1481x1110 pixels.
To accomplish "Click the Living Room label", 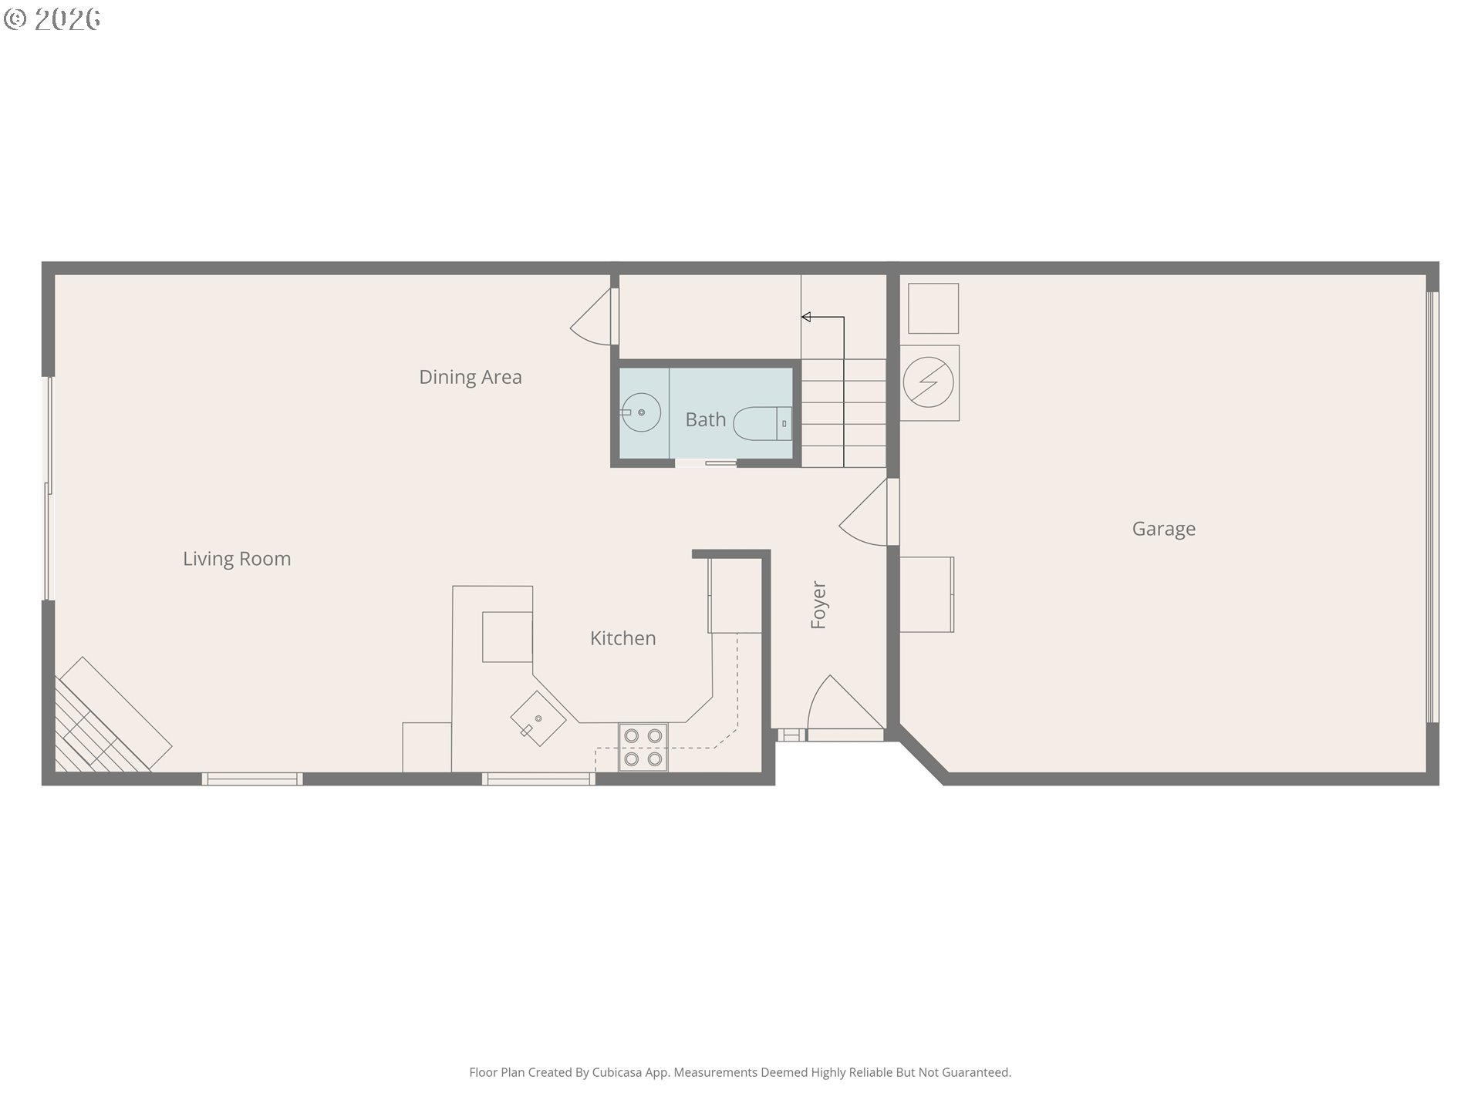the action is pos(237,559).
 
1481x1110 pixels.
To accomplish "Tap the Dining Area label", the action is pos(471,377).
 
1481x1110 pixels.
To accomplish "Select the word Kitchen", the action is pos(623,638).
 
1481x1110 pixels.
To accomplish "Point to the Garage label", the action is pos(1164,529).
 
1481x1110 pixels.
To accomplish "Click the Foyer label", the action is pos(818,605).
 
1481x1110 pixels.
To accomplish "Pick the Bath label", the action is pos(706,419).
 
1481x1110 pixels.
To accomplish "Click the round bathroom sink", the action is pos(641,412).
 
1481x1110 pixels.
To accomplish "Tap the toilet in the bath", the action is pos(762,423).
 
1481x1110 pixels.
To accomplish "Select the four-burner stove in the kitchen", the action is pos(643,748).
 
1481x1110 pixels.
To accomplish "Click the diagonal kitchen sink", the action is pos(538,718).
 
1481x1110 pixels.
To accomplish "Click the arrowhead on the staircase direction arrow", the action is pos(805,317).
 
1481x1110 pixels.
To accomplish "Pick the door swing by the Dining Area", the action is pos(595,316).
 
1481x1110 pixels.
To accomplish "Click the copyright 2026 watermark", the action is pos(52,19).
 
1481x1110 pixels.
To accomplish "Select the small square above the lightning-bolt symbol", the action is pos(933,308).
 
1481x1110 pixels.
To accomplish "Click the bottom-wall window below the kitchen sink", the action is pos(538,779).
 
